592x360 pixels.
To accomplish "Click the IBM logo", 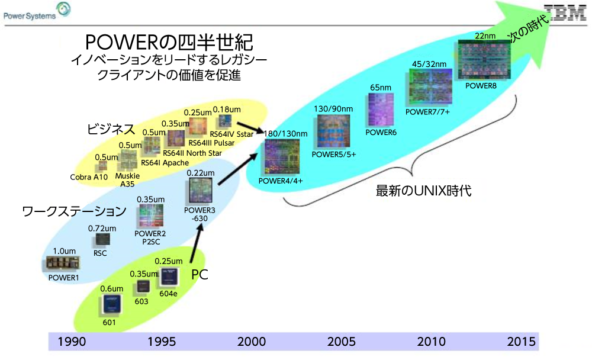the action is click(565, 12).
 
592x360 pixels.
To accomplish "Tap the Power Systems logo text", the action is click(30, 16).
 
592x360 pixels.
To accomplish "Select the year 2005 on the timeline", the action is click(342, 342).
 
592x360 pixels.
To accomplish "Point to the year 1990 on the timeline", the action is click(72, 342).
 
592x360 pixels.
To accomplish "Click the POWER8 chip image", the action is click(484, 60).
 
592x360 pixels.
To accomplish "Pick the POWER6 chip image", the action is click(381, 110).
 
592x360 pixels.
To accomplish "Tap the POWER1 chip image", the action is click(63, 263).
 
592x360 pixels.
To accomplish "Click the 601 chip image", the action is click(112, 304).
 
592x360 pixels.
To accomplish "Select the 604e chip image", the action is click(169, 277).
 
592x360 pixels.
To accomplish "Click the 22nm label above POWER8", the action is click(485, 36).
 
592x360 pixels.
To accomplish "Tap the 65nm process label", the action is click(381, 88).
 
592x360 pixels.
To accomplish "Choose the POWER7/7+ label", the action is click(427, 112).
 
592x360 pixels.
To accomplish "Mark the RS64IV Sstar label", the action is click(231, 134).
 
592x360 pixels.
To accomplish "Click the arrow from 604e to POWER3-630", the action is click(197, 243).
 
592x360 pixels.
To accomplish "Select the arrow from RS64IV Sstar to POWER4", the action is click(250, 128).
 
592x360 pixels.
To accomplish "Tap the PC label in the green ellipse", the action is click(200, 275).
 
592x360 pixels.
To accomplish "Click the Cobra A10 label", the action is click(89, 177).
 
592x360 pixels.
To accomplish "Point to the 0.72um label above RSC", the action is click(102, 229).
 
